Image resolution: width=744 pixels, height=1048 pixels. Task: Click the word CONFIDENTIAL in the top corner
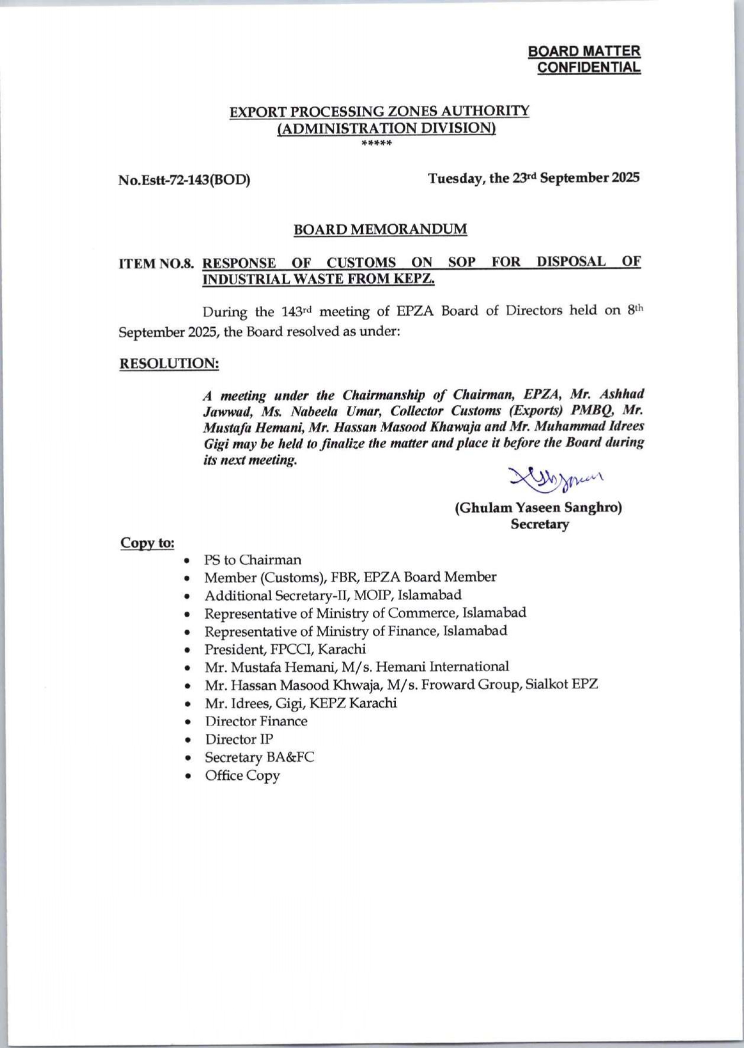pos(588,67)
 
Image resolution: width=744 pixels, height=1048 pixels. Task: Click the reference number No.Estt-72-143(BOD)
pos(184,179)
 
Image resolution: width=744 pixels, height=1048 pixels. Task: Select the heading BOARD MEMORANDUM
pos(380,229)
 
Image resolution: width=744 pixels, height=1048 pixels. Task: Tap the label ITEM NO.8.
pos(157,263)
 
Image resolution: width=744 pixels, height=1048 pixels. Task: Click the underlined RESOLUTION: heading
pos(169,363)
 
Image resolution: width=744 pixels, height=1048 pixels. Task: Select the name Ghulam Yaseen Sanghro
pos(538,507)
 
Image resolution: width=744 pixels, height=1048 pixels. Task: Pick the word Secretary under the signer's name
pos(540,524)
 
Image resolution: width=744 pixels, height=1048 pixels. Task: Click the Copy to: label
pos(147,543)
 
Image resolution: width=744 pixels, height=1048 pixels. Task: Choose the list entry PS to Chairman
pos(253,560)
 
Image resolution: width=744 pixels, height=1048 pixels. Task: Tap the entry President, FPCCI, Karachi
pos(285,649)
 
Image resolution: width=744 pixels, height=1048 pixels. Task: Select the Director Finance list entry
pos(256,721)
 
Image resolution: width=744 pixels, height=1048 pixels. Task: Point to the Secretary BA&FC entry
pos(259,757)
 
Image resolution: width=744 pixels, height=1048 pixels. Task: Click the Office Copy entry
pos(242,775)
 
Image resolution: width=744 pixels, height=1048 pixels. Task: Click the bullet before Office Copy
pos(188,776)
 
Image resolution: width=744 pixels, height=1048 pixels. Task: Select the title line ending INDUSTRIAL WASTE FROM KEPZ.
pos(318,279)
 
